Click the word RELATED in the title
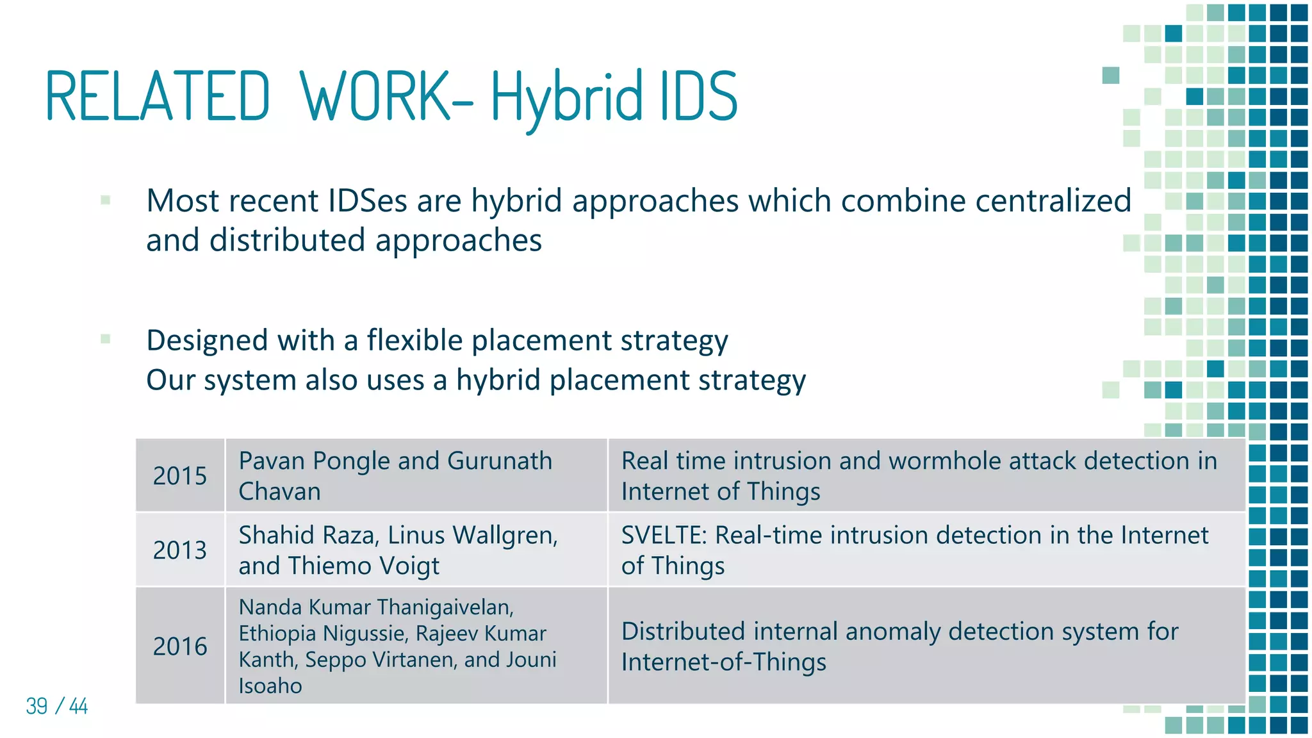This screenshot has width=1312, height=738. click(x=158, y=96)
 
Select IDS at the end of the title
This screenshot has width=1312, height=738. click(x=699, y=96)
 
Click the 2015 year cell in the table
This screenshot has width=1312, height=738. click(x=179, y=476)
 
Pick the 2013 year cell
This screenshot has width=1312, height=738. click(x=179, y=550)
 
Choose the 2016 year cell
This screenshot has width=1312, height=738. click(x=179, y=646)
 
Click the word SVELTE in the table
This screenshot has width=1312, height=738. click(x=661, y=535)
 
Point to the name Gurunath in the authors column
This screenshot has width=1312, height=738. click(x=499, y=461)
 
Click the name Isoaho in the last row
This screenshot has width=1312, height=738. click(x=270, y=686)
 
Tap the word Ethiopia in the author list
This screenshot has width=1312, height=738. click(x=277, y=634)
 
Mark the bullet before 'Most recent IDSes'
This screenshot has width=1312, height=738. click(x=106, y=201)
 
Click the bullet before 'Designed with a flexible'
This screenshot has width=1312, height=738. click(x=106, y=339)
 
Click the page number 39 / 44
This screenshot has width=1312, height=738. click(x=56, y=706)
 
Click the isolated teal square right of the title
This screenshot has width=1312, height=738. click(x=1110, y=76)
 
